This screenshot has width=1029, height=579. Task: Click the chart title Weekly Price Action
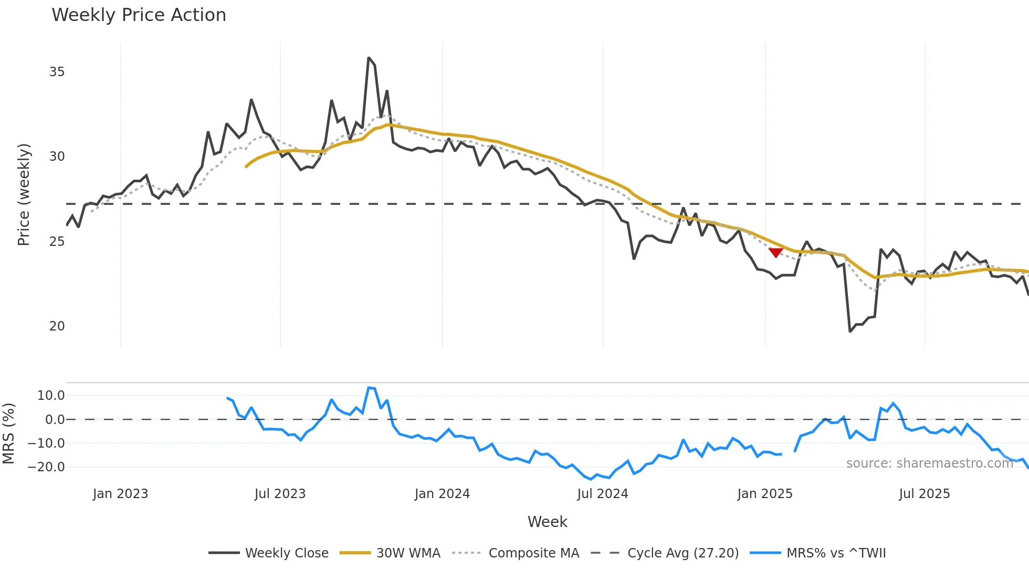pos(139,15)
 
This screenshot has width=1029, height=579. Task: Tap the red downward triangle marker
pos(775,253)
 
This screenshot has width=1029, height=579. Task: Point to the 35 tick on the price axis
pos(57,72)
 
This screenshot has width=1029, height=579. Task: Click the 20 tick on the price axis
pos(57,326)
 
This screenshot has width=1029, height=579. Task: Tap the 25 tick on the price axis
pos(57,242)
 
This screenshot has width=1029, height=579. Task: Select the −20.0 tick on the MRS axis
pos(46,467)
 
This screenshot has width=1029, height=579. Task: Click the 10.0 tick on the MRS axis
pos(51,396)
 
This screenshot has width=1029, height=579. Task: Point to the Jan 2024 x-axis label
pos(442,494)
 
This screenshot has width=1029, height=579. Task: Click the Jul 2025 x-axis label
pos(924,494)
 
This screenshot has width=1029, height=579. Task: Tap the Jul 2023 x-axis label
pos(280,494)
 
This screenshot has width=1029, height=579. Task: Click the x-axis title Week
pos(547,522)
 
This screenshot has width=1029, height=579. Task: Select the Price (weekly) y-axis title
pos(24,194)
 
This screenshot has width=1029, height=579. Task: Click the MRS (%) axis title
pos(8,433)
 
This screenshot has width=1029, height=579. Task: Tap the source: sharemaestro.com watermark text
pos(929,463)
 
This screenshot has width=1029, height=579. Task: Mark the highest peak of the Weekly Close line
pos(369,58)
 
